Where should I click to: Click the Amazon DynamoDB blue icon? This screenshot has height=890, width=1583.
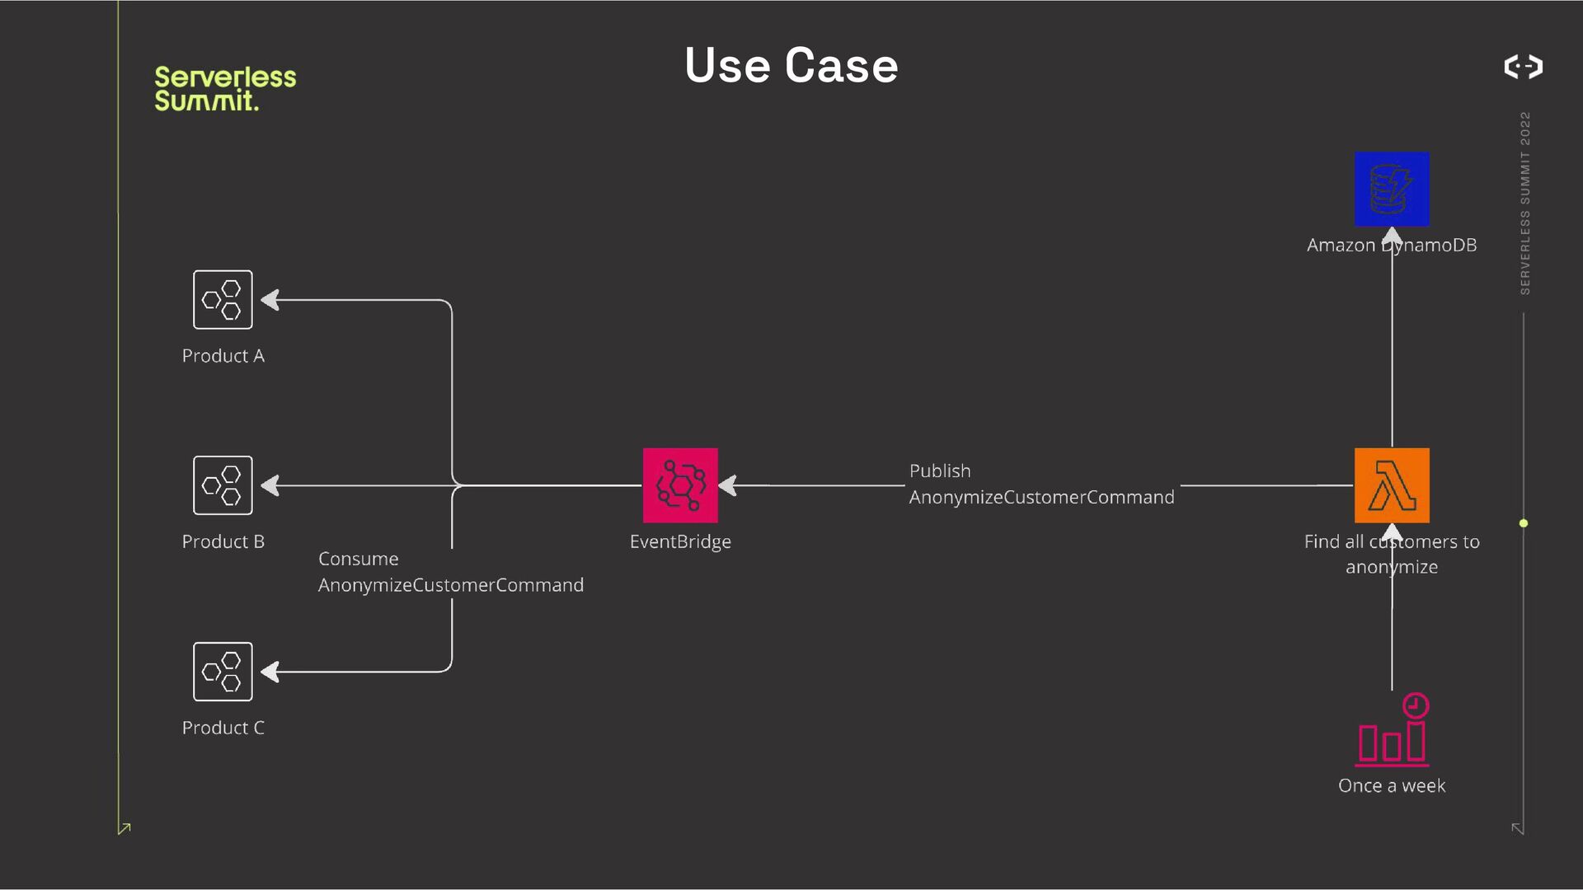[x=1392, y=189]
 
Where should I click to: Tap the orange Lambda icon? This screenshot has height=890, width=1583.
[x=1392, y=485]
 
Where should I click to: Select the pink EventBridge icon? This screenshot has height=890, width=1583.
[x=680, y=485]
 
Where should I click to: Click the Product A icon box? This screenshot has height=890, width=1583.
[x=223, y=300]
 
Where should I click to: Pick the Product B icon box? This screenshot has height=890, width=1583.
[x=223, y=485]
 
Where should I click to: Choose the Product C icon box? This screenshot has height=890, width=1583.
[x=223, y=672]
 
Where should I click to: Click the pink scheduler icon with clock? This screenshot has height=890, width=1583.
[x=1393, y=731]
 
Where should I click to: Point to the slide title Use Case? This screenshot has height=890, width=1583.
[x=791, y=65]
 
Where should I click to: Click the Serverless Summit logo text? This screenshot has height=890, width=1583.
[x=224, y=88]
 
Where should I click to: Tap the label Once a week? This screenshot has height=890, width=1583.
[x=1392, y=785]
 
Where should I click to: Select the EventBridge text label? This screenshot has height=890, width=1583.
[x=680, y=541]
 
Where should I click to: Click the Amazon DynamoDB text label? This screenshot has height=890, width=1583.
[x=1392, y=245]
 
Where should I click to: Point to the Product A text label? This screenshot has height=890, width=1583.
[x=223, y=356]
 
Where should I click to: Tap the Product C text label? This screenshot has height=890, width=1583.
[x=223, y=728]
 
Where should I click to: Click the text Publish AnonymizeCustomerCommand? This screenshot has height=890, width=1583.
[x=1041, y=485]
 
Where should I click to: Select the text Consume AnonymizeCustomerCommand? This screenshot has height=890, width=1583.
[x=450, y=572]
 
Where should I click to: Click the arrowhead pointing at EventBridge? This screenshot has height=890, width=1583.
[x=727, y=485]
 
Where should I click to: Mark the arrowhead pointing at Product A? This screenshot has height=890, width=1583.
[x=270, y=300]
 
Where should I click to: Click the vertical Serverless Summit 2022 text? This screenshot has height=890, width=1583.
[x=1524, y=203]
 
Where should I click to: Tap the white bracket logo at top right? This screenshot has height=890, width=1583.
[x=1523, y=66]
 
